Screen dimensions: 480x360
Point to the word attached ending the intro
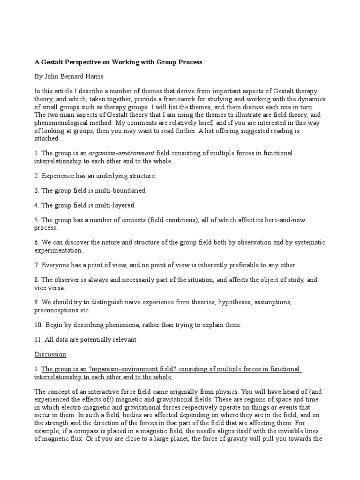pyautogui.click(x=46, y=139)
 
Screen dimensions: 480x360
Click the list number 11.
pyautogui.click(x=38, y=339)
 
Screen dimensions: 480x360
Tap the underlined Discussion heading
pyautogui.click(x=50, y=354)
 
